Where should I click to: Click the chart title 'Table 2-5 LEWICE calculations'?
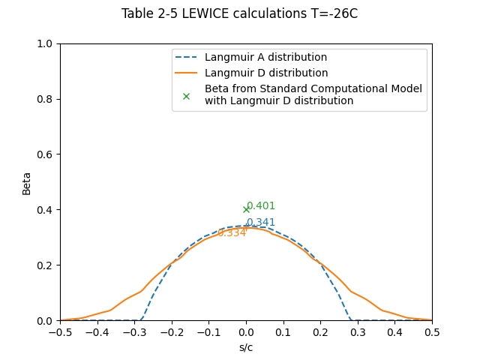point(239,13)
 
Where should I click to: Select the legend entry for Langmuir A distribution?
point(265,58)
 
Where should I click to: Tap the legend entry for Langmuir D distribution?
point(266,73)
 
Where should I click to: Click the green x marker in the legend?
point(187,95)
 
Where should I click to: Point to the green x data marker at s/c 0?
point(246,209)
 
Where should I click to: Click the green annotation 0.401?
point(261,206)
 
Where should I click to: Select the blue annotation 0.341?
point(261,223)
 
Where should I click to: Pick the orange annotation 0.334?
point(232,233)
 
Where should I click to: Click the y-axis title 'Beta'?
point(27,182)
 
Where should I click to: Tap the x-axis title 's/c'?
point(246,347)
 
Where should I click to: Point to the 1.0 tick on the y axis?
point(46,43)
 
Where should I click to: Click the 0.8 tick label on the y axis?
point(46,99)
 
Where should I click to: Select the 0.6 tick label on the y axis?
point(46,154)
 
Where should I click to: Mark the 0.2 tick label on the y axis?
point(46,265)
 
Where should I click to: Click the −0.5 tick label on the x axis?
point(59,332)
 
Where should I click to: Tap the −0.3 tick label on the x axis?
point(133,332)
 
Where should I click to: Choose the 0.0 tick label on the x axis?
point(246,332)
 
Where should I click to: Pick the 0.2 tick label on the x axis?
point(320,332)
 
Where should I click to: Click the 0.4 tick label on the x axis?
point(394,332)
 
